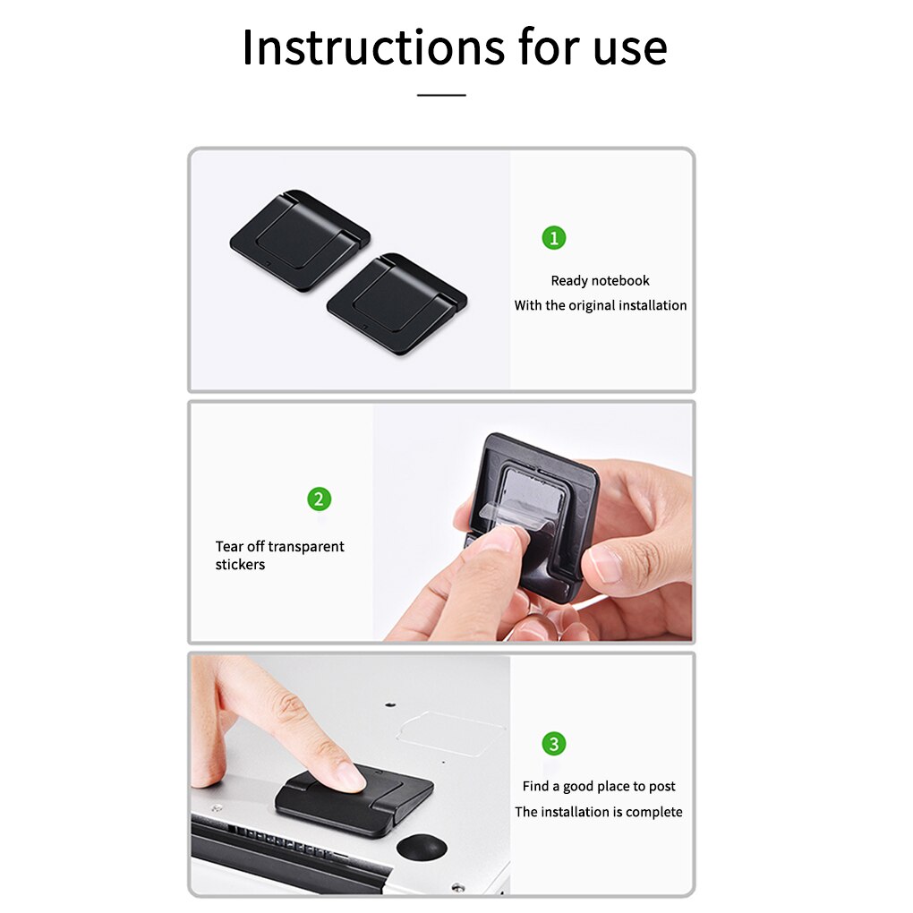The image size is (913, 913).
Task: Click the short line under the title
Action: pos(441,94)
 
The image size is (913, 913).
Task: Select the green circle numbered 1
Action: pos(554,238)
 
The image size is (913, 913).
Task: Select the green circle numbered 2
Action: pos(320,499)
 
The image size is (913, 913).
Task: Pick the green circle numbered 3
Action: pos(554,744)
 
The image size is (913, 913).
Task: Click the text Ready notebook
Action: pos(600,281)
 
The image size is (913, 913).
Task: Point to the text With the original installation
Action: pos(600,306)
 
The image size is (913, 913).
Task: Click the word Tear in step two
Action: pos(228,547)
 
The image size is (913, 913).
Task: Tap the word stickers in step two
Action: pos(240,565)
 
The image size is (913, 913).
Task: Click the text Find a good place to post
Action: pos(599,787)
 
